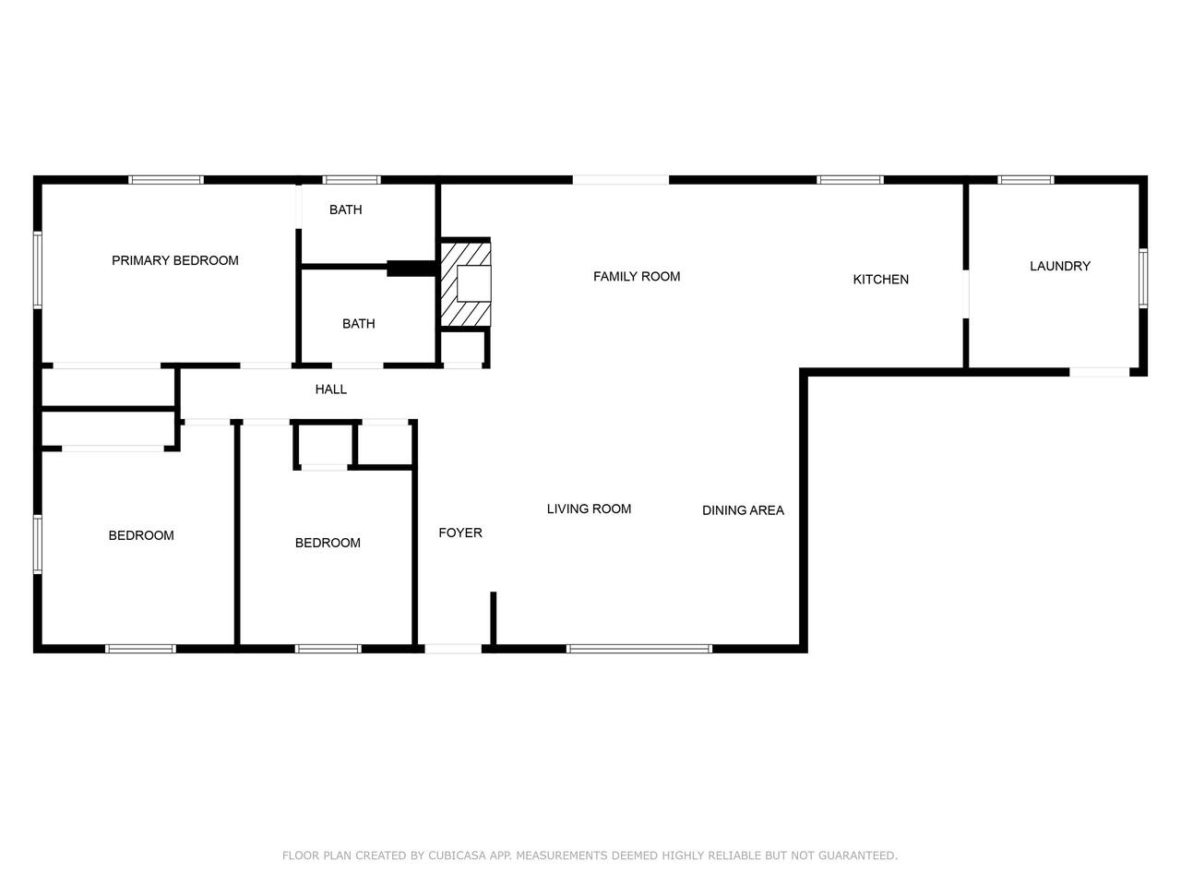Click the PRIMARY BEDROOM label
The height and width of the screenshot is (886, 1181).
[x=175, y=260]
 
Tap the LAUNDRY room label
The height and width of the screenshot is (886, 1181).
[x=1059, y=266]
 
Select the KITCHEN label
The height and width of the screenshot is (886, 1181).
[x=880, y=280]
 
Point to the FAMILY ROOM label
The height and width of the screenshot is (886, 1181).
[x=636, y=277]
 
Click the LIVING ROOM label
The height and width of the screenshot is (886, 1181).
[x=589, y=509]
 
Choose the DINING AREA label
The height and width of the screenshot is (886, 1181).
[x=743, y=510]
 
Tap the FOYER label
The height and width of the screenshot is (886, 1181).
[x=460, y=533]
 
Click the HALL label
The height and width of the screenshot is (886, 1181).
[x=330, y=389]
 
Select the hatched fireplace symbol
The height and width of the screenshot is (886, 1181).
[x=465, y=283]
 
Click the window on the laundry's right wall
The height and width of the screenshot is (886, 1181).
[x=1143, y=278]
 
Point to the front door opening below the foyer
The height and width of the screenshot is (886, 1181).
[x=453, y=649]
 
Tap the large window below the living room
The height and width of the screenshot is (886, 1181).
[x=639, y=649]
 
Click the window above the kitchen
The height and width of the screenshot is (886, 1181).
[x=850, y=180]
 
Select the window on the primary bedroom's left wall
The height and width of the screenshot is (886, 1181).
[x=38, y=269]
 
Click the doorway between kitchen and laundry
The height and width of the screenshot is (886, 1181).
[x=966, y=293]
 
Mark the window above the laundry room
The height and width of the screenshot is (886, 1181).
[x=1025, y=180]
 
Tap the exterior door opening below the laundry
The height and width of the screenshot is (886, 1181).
[x=1099, y=372]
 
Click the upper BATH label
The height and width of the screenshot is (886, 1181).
[x=345, y=210]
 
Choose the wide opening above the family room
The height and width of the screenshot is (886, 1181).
[x=621, y=180]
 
